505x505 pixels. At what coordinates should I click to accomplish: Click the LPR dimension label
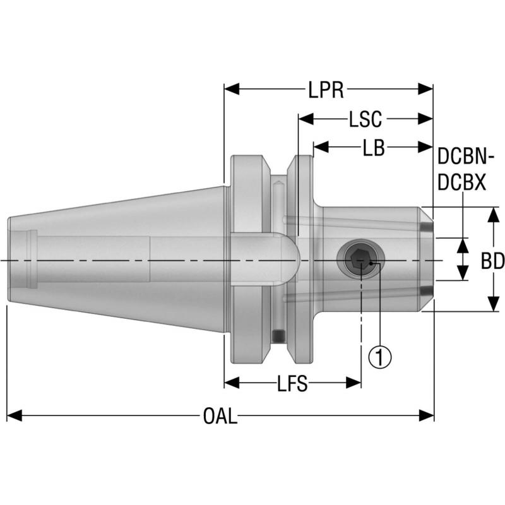tap(326, 90)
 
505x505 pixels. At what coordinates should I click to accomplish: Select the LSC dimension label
tap(365, 119)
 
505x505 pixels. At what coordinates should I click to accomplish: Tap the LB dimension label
tap(374, 148)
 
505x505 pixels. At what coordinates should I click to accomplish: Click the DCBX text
tap(461, 182)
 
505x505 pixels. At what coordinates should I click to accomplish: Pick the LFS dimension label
tap(292, 383)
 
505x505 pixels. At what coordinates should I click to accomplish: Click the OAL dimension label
tap(220, 416)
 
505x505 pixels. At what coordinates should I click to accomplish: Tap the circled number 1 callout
tap(379, 357)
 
